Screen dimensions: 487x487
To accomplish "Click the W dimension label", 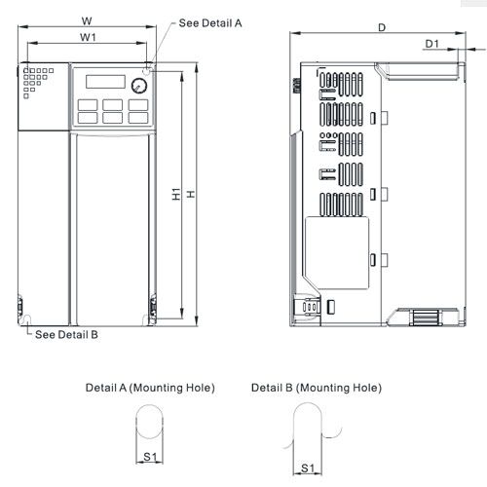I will point(87,19).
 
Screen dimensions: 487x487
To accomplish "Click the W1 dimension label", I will point(87,37).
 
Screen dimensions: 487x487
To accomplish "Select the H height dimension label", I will point(192,194).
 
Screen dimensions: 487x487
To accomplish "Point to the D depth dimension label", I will point(382,27).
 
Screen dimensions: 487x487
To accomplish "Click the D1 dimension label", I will point(432,44).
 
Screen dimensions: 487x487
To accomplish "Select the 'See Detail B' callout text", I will point(66,334).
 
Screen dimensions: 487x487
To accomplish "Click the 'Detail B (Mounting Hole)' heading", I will point(316,388).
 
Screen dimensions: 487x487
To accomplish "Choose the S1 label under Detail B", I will point(307,468).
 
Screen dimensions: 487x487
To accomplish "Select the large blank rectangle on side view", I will point(338,250).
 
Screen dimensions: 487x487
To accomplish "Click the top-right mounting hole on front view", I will point(147,71).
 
